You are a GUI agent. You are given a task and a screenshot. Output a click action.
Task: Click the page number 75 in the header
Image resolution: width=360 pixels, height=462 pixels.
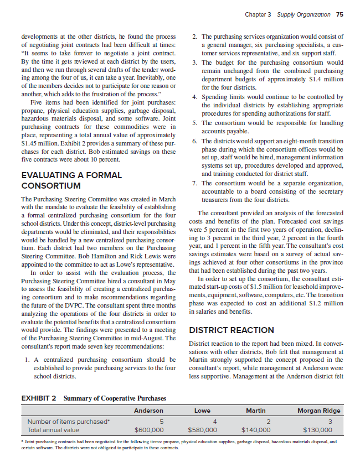click(340, 14)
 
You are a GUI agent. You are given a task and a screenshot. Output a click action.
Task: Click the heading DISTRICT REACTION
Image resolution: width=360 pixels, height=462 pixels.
click(232, 330)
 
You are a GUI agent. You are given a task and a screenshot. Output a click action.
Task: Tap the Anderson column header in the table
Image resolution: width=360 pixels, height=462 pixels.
click(148, 411)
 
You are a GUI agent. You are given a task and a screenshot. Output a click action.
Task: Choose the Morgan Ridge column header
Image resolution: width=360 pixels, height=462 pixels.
click(318, 411)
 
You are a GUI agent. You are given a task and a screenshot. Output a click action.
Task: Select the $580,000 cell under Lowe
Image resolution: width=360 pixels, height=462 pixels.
click(202, 429)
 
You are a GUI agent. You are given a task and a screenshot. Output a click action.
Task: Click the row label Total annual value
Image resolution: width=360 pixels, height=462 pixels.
click(53, 429)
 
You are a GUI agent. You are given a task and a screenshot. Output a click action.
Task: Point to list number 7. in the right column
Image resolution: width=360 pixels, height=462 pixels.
click(192, 184)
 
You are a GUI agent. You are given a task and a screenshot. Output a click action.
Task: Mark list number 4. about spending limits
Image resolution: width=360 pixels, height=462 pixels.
click(192, 97)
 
